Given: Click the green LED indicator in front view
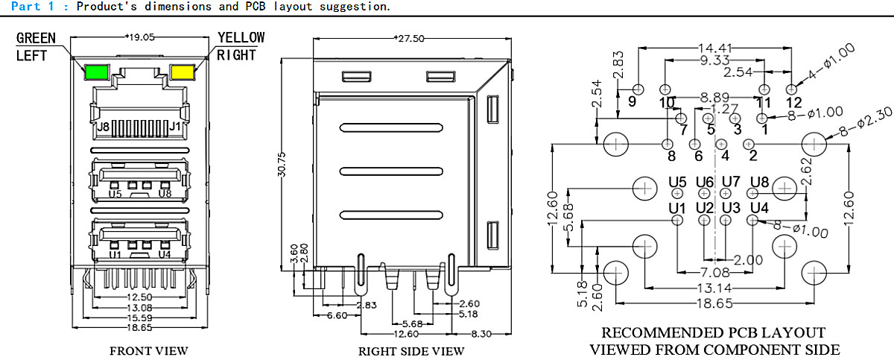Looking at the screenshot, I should pos(96,73).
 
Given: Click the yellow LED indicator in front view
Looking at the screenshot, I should pos(183,72).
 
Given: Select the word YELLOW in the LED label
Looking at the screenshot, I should pos(241,37).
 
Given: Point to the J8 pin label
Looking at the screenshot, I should pos(104,127).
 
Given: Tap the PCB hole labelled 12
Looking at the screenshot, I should pos(792,89).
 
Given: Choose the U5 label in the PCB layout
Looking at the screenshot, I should pos(677,181).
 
